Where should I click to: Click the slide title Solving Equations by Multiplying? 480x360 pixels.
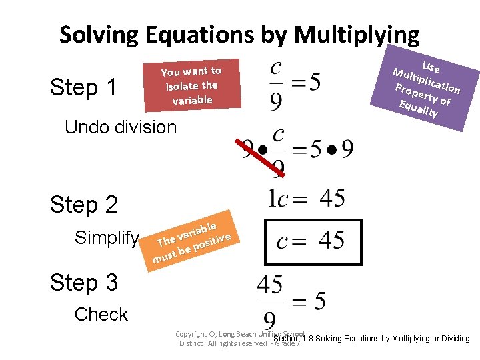[x=239, y=34]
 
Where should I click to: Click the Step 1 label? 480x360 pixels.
[x=84, y=87]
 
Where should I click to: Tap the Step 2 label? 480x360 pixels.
[x=84, y=204]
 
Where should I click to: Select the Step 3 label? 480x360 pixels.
[x=84, y=282]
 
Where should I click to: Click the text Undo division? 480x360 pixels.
[x=121, y=127]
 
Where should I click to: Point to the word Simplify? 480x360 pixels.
[x=107, y=237]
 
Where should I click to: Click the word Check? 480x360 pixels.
[x=101, y=314]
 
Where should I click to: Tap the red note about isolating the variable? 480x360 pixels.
[x=192, y=85]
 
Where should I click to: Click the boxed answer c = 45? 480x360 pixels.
[x=311, y=240]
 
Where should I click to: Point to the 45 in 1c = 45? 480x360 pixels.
[x=332, y=198]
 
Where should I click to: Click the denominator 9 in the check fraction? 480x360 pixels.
[x=271, y=319]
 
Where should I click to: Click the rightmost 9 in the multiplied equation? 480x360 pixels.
[x=347, y=149]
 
